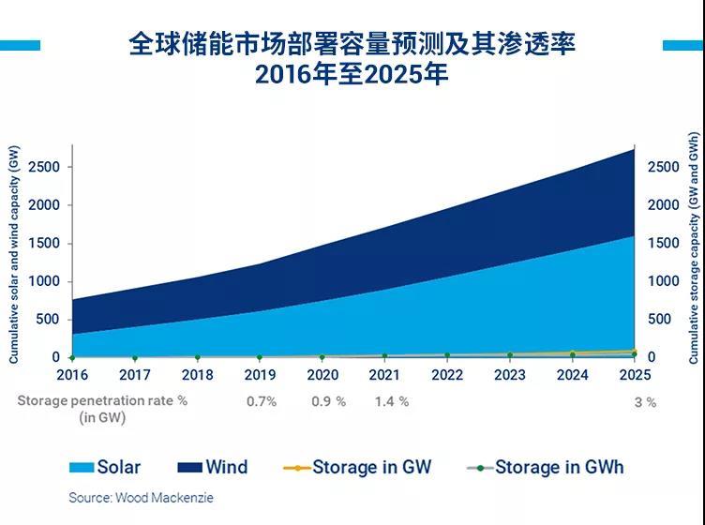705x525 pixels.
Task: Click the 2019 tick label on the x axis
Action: pos(260,375)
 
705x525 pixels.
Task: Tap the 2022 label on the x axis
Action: pos(446,375)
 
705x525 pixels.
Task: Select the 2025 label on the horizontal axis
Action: pos(634,375)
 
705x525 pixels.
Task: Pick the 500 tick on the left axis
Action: pos(48,320)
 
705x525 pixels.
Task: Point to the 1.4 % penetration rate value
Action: pos(391,401)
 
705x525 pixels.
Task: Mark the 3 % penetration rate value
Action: pos(644,401)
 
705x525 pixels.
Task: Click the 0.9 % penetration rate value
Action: pos(328,401)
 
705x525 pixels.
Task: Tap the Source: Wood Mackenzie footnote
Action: pos(141,498)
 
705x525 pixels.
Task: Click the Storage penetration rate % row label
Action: pos(102,400)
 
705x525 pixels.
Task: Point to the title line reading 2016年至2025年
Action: pos(352,75)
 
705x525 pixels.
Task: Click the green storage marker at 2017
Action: pos(134,358)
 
